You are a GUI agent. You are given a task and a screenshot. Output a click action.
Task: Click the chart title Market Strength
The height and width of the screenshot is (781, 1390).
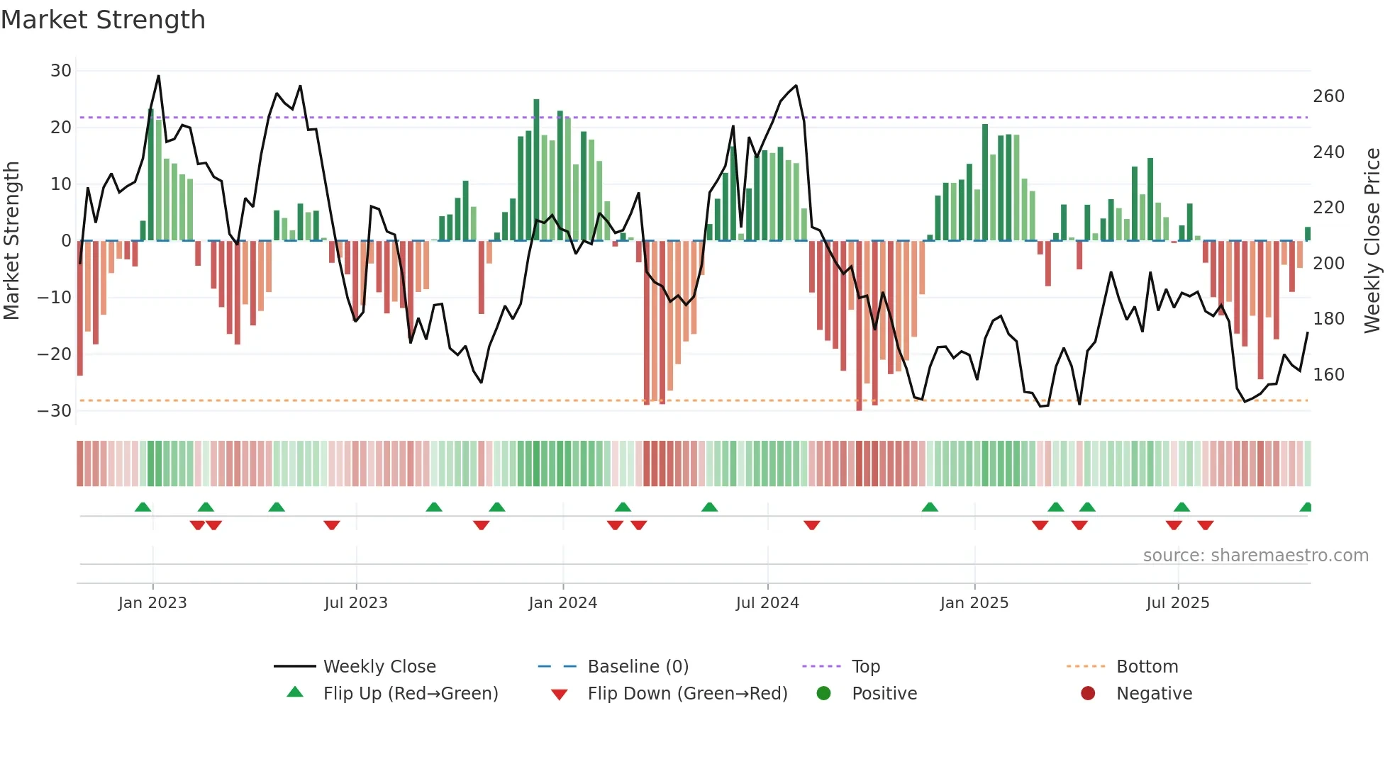coord(103,20)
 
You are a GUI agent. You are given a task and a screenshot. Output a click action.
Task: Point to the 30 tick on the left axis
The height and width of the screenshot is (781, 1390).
coord(61,71)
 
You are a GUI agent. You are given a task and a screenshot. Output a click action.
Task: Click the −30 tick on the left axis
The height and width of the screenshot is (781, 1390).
coord(55,411)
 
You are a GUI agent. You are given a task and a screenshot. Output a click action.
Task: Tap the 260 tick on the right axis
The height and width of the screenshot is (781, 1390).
coord(1328,96)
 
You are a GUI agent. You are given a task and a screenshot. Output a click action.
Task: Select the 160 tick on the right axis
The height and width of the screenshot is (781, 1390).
coord(1328,375)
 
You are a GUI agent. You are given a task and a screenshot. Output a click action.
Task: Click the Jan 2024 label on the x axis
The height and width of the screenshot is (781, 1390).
coord(563,603)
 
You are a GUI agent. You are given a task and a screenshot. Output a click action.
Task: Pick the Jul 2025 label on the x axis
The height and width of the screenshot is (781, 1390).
coord(1178,603)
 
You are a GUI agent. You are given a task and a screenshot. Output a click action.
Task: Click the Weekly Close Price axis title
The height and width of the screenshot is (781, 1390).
coord(1372,241)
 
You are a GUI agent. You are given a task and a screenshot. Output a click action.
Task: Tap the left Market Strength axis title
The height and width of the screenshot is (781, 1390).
coord(11,241)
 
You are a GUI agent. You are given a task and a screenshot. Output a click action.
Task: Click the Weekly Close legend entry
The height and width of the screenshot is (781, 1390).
coord(379,667)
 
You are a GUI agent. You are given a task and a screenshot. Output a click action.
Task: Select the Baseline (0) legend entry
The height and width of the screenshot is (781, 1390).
coord(638,667)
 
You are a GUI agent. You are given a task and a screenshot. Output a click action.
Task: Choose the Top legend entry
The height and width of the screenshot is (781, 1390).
coord(865,667)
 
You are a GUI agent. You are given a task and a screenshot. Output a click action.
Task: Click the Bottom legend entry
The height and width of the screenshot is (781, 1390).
coord(1147,667)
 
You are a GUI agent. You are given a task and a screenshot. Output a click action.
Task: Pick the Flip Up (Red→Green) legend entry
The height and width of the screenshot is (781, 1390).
coord(411,694)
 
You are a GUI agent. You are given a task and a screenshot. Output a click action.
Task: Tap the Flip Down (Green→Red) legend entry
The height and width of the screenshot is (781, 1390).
coord(687,694)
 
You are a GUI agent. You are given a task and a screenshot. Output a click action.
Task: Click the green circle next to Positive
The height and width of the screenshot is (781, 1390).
coord(823,694)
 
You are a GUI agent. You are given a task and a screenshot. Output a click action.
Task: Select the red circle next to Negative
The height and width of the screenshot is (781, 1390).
coord(1088,694)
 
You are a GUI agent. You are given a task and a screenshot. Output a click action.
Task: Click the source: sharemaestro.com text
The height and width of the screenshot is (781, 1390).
coord(1255,556)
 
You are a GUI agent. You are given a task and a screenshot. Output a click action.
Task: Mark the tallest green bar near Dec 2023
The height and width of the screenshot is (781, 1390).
coord(537,170)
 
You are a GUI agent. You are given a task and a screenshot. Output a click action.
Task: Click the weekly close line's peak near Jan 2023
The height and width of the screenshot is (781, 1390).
coord(158,76)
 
